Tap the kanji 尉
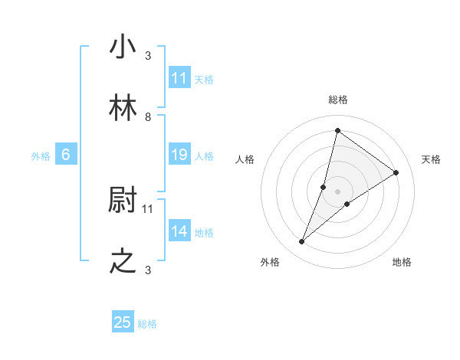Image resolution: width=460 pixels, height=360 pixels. click(123, 201)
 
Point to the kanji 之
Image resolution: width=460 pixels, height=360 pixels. click(123, 262)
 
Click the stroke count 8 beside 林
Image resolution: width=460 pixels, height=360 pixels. click(148, 117)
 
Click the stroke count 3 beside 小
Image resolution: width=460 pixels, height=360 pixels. click(148, 56)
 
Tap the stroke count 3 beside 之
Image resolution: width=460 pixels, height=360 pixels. click(148, 270)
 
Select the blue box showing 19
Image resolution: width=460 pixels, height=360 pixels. click(179, 155)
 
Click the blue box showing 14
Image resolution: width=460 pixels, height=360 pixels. click(179, 232)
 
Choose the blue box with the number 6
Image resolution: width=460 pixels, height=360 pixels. click(66, 155)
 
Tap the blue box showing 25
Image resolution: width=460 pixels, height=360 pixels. click(123, 322)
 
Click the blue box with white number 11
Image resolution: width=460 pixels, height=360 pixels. click(179, 78)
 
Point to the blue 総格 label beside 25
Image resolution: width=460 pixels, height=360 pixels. click(147, 324)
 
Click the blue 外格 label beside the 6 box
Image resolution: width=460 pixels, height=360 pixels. click(41, 156)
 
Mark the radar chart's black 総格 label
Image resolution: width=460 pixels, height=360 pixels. click(338, 100)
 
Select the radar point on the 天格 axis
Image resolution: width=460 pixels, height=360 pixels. click(396, 172)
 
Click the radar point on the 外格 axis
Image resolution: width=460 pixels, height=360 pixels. click(301, 242)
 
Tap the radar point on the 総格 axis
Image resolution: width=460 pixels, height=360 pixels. click(337, 130)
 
